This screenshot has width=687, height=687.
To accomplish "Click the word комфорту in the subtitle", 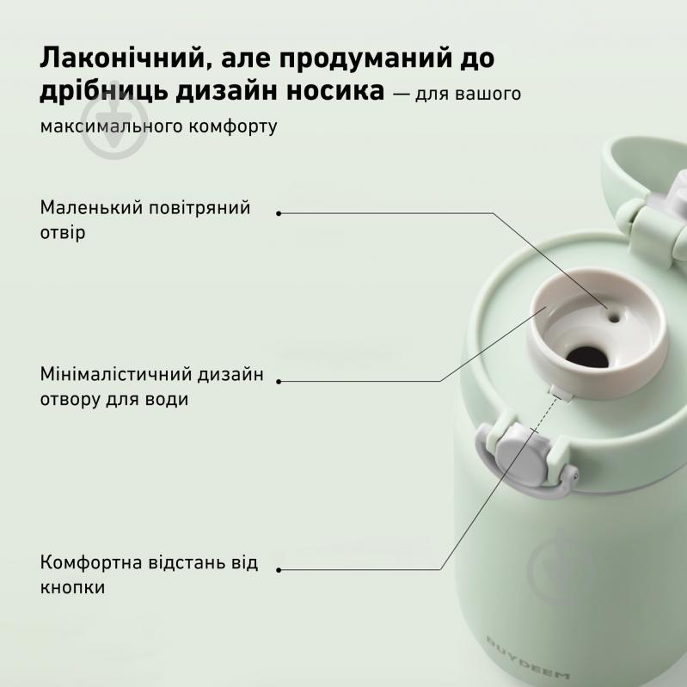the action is (x=233, y=126).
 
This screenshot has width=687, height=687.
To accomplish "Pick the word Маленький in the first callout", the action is (x=91, y=207).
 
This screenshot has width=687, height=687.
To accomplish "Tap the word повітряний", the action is (x=199, y=208).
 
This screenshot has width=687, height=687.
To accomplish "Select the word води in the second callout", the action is (x=168, y=399).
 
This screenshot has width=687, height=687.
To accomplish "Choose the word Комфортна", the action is (x=91, y=562).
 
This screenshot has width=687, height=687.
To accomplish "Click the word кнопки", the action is (x=73, y=587).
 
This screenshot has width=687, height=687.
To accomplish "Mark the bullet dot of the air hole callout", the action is (x=279, y=213).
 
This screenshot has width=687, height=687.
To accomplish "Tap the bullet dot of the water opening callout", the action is (x=279, y=382).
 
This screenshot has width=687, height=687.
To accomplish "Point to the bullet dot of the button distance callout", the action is (x=279, y=570).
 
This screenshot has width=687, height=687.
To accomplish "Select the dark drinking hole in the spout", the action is (x=587, y=358).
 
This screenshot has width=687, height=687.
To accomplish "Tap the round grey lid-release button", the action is (x=520, y=460).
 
